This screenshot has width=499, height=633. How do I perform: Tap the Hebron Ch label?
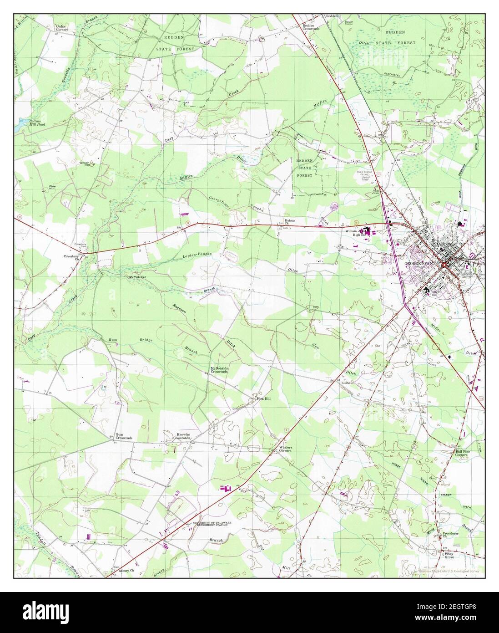pyautogui.click(x=290, y=222)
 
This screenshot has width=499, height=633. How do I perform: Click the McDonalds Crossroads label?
pyautogui.click(x=219, y=370)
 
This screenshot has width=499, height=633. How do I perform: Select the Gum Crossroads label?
pyautogui.click(x=123, y=436)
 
